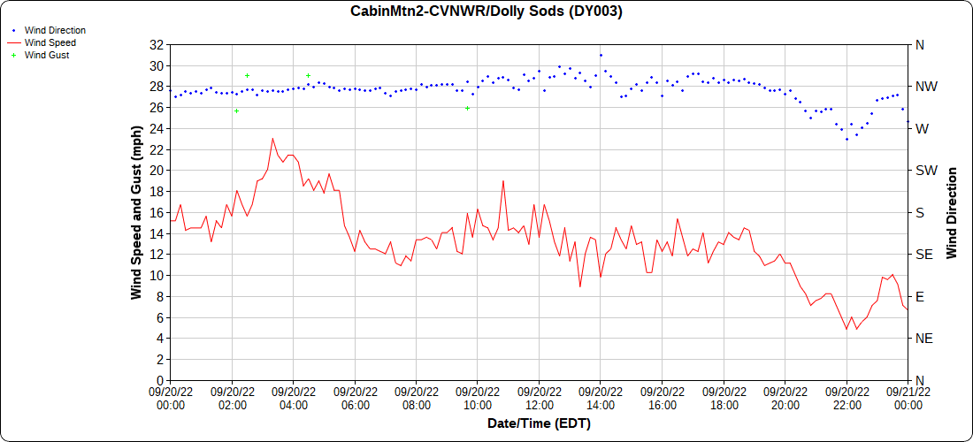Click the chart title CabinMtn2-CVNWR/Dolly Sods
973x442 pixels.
click(486, 11)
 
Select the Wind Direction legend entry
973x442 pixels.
click(55, 30)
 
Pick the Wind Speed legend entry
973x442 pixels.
click(50, 42)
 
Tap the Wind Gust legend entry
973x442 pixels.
click(47, 55)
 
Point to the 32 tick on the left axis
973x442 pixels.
click(157, 45)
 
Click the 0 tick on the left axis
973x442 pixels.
click(160, 380)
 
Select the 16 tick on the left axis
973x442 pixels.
click(157, 212)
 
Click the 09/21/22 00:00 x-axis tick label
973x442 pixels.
click(908, 399)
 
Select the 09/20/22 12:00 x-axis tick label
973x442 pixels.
click(539, 399)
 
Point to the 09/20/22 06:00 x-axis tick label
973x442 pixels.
click(355, 399)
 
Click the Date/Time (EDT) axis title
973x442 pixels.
click(539, 423)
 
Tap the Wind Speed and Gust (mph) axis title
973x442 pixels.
click(136, 212)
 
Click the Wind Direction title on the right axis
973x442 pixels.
click(952, 212)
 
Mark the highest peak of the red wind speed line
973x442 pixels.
click(272, 138)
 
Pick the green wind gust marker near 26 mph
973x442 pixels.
click(467, 108)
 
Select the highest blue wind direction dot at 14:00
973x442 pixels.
click(601, 55)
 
